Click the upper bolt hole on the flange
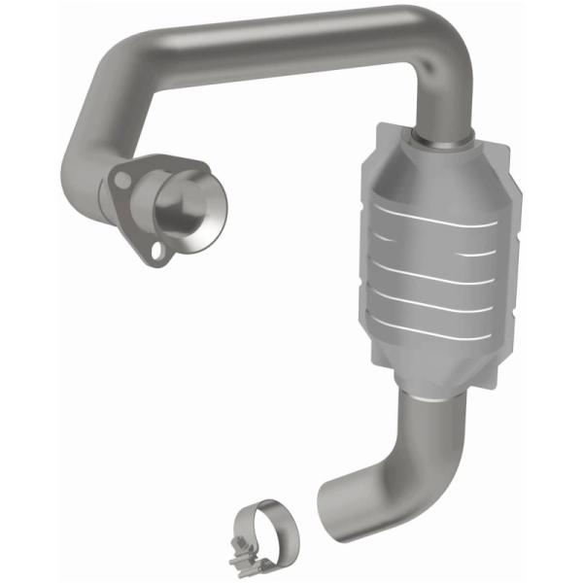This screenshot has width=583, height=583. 121,180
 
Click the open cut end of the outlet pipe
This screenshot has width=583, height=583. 328,504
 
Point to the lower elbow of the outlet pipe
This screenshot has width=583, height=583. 374,481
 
